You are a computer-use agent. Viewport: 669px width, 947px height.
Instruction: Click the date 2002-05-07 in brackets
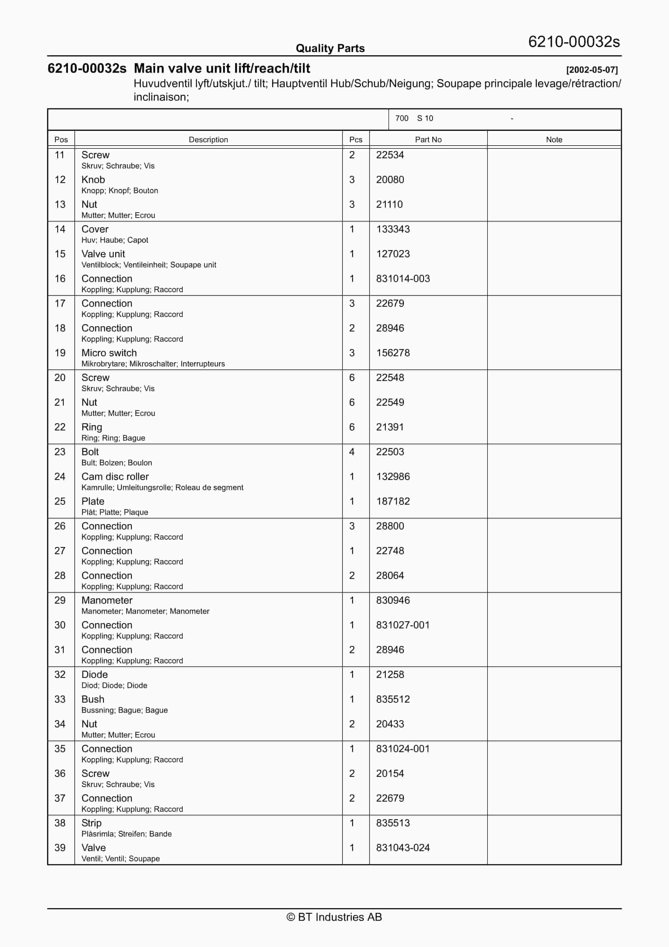pyautogui.click(x=592, y=70)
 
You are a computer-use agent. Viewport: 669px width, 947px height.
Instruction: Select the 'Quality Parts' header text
pyautogui.click(x=330, y=48)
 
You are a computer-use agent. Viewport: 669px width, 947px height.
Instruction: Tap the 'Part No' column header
pyautogui.click(x=428, y=139)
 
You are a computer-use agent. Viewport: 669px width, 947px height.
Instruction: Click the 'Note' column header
pyautogui.click(x=554, y=139)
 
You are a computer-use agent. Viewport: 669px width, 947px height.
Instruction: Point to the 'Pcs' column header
pyautogui.click(x=356, y=139)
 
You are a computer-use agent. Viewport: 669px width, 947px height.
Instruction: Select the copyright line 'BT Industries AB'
pyautogui.click(x=334, y=917)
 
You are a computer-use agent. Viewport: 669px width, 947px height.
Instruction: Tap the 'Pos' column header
pyautogui.click(x=61, y=139)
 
